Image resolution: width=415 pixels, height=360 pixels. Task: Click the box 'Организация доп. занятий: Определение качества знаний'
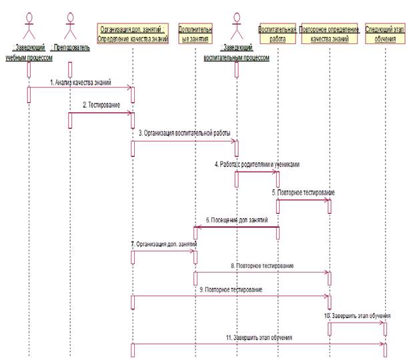coord(133,34)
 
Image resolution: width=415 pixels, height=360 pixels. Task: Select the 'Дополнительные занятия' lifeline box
coord(195,34)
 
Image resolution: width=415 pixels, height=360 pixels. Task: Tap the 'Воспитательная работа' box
coord(277,34)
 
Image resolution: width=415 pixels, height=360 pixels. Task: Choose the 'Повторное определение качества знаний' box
coord(330,34)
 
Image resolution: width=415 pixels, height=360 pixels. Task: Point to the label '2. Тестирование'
coord(102,106)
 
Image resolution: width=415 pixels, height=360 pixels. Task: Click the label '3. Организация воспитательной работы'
coord(185,134)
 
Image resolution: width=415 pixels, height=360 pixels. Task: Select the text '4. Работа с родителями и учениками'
coord(256,164)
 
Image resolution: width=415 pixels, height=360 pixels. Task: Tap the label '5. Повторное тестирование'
coord(303,192)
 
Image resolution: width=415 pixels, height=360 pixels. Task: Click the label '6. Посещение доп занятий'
coord(235,220)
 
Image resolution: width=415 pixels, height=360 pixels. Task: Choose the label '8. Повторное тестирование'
coord(262,266)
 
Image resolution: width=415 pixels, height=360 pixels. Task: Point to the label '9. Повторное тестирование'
coord(231,289)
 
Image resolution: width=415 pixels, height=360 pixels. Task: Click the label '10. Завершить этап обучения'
coord(357,315)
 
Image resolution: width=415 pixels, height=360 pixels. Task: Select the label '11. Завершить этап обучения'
coord(258,338)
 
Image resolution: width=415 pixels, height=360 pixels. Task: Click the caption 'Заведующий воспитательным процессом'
coord(236,53)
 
